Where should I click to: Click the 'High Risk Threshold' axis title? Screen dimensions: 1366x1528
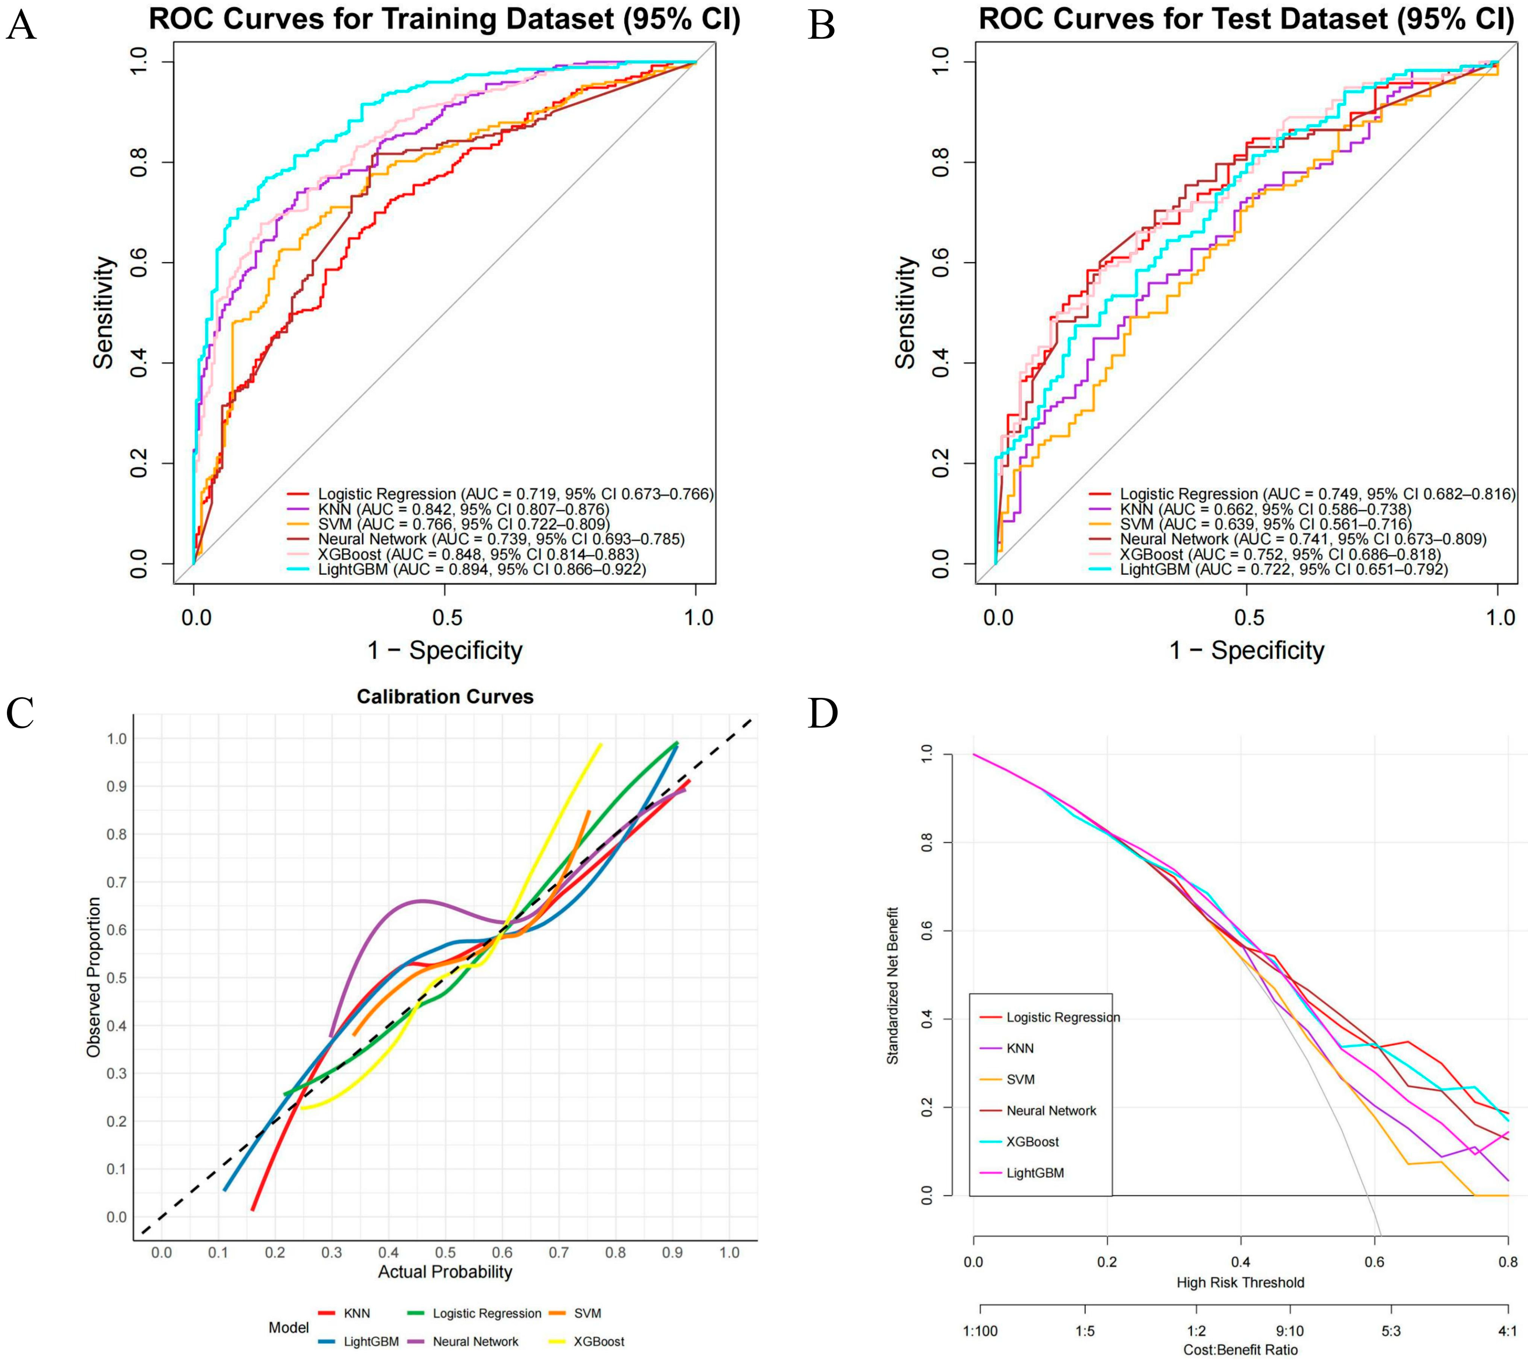point(1241,1282)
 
